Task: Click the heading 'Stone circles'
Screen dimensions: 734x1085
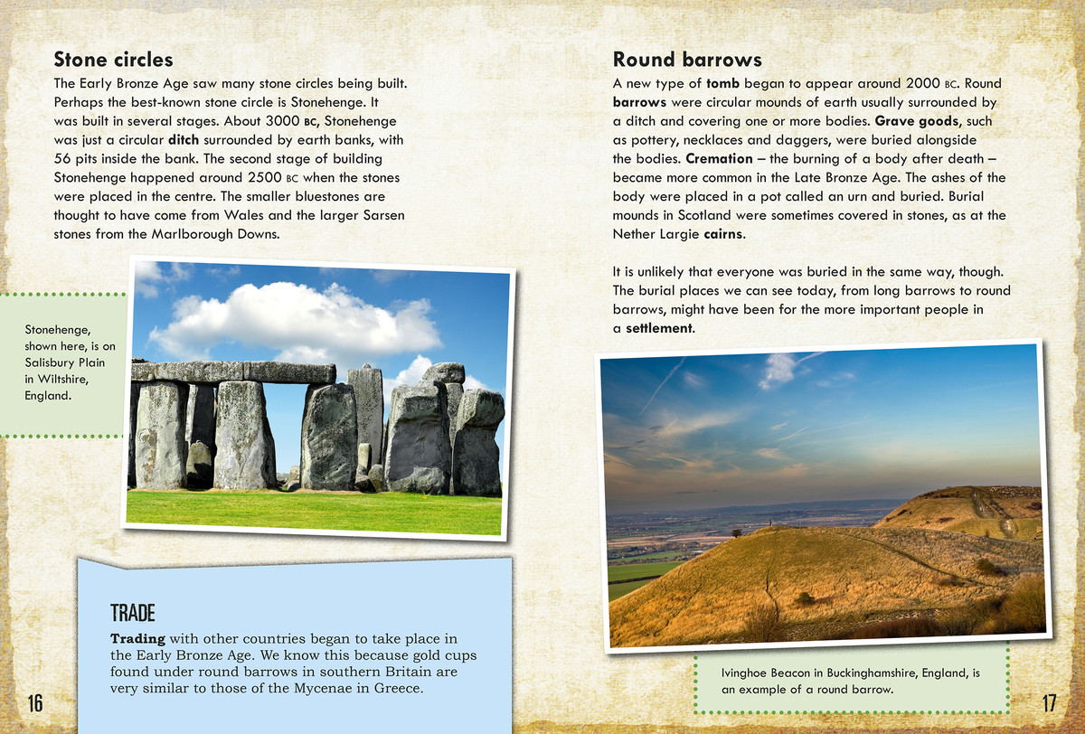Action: pos(113,60)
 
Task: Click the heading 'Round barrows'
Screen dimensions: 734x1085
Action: pos(687,60)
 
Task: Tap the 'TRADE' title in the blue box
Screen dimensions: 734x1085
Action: pos(133,613)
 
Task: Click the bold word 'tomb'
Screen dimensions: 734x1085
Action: pos(722,84)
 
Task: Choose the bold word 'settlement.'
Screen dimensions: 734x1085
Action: pos(660,328)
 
